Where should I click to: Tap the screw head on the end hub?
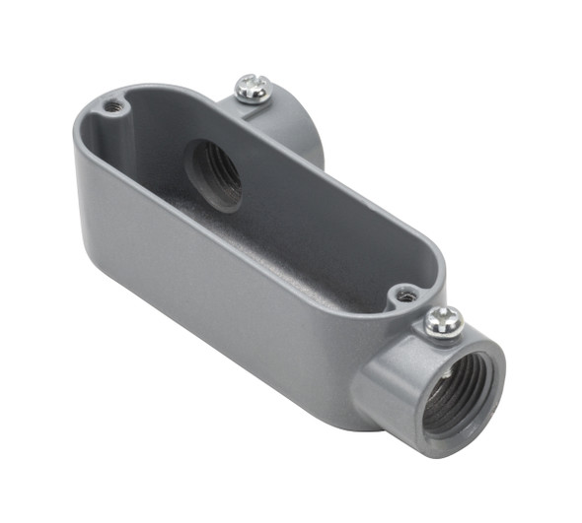[x=443, y=319]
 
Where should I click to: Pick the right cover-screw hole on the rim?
[x=403, y=294]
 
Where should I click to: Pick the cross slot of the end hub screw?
[x=444, y=317]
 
